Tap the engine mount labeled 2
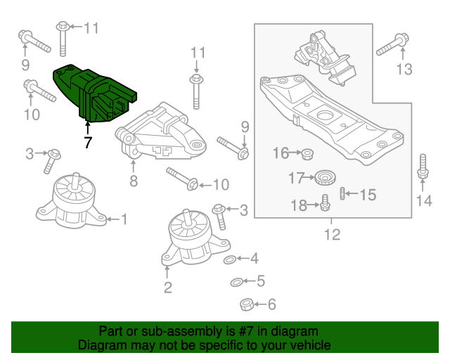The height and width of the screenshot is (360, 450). pyautogui.click(x=189, y=239)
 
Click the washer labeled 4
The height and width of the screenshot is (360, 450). pyautogui.click(x=230, y=261)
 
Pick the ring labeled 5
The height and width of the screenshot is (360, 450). pyautogui.click(x=238, y=283)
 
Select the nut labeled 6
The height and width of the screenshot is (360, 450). pyautogui.click(x=246, y=304)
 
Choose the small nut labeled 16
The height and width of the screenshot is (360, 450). pyautogui.click(x=306, y=153)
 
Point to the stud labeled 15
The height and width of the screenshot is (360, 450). pyautogui.click(x=342, y=193)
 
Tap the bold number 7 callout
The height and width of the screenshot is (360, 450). pyautogui.click(x=87, y=143)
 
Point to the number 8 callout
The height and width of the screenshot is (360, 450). pyautogui.click(x=134, y=182)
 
